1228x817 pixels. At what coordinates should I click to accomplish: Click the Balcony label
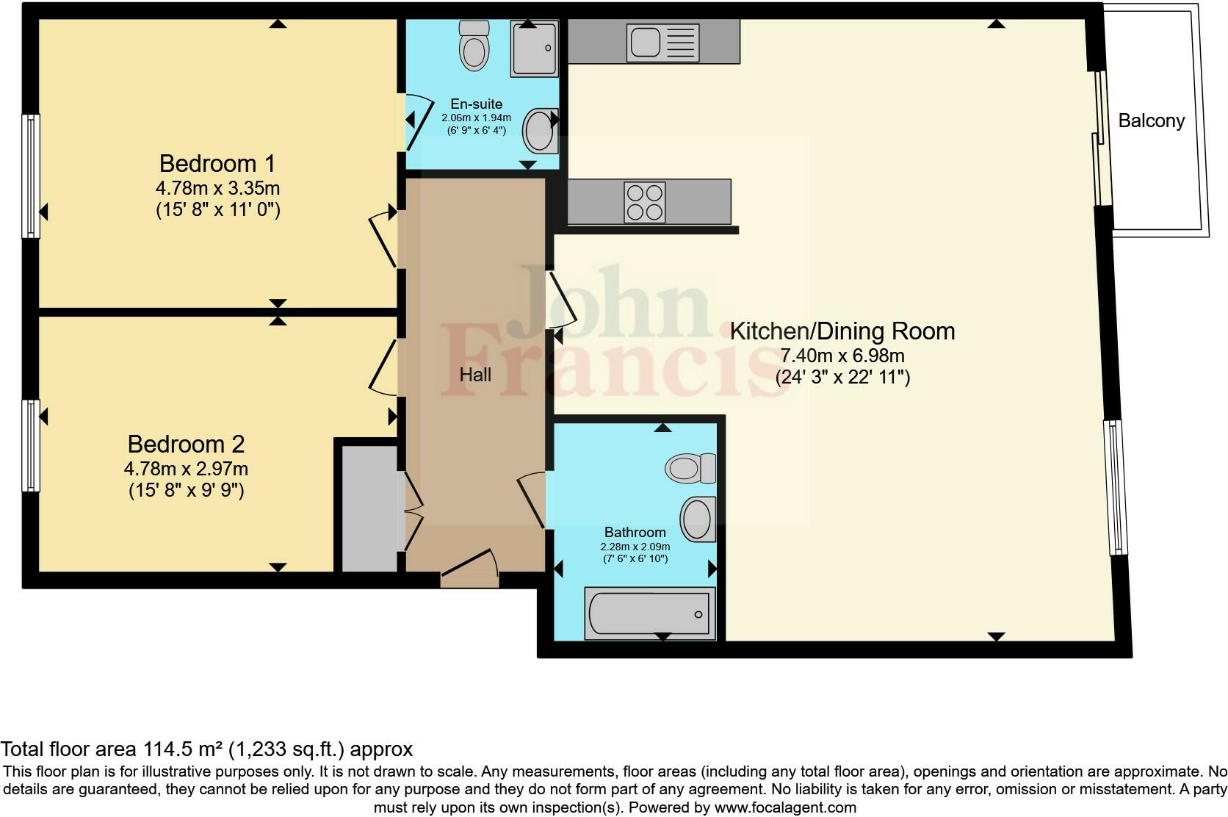tap(1151, 120)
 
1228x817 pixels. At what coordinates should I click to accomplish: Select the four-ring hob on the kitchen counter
tap(645, 202)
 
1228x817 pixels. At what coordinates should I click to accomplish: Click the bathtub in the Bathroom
tap(650, 613)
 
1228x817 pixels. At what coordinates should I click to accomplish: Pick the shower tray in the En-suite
tap(535, 48)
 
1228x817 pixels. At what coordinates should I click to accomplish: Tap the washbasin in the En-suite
tap(541, 131)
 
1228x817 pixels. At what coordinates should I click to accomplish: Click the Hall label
tap(475, 375)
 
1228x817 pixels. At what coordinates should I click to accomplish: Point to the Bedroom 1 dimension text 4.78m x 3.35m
tap(218, 188)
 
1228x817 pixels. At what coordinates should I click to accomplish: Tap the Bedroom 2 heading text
tap(186, 445)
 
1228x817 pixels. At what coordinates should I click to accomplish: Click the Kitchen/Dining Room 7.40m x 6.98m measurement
tap(842, 356)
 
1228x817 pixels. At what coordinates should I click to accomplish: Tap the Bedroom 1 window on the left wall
tap(31, 176)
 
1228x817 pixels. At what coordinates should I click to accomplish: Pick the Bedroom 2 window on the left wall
tap(31, 445)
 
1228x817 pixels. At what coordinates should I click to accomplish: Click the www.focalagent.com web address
tap(786, 807)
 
